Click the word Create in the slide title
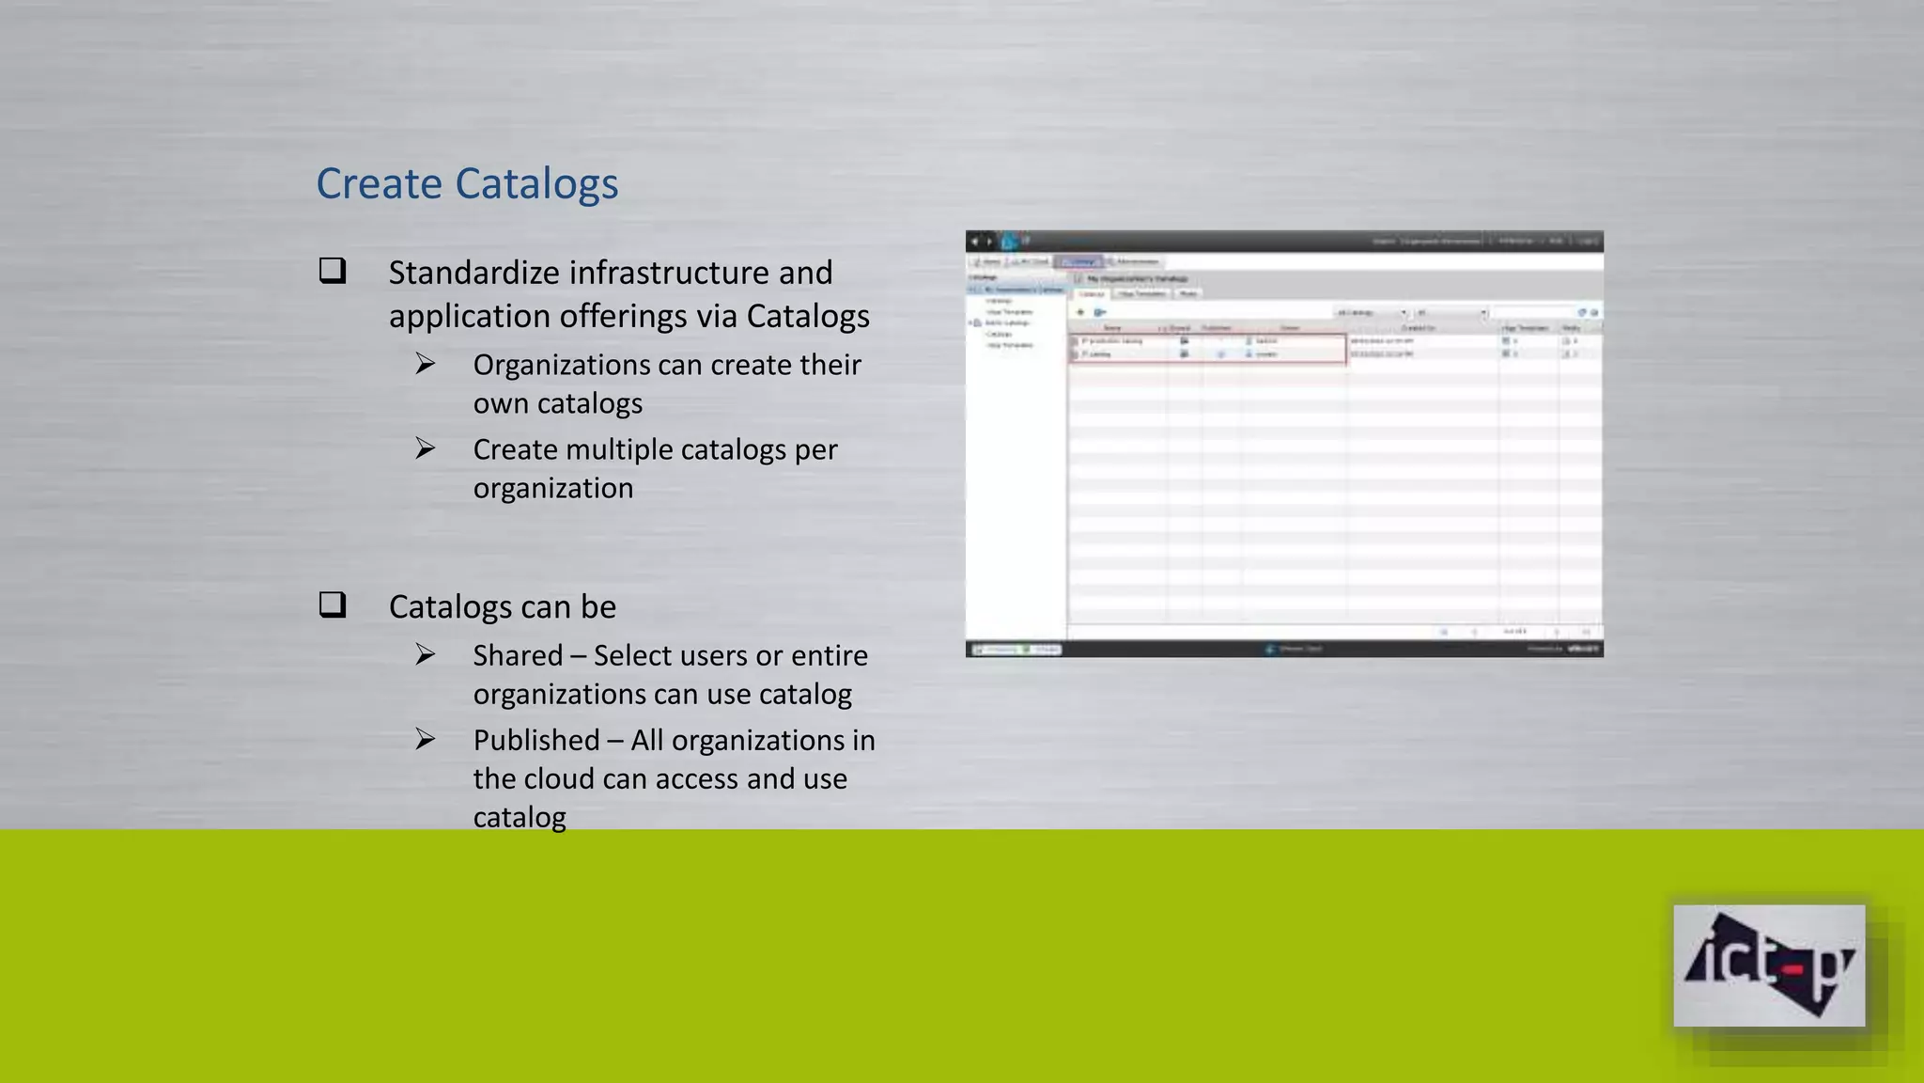point(379,183)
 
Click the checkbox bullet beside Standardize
point(333,271)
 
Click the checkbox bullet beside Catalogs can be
point(333,604)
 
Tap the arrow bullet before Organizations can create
point(426,363)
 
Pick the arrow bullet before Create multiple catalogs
point(426,448)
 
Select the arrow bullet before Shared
point(426,654)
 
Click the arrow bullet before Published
point(426,739)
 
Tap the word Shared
point(518,655)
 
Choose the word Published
point(536,741)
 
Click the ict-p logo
point(1769,965)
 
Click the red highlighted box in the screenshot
point(1207,348)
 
